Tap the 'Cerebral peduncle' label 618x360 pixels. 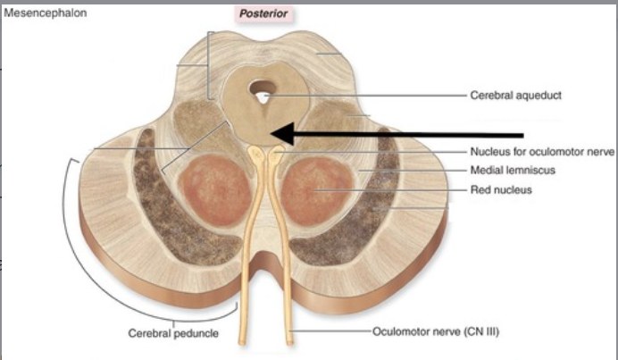172,333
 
